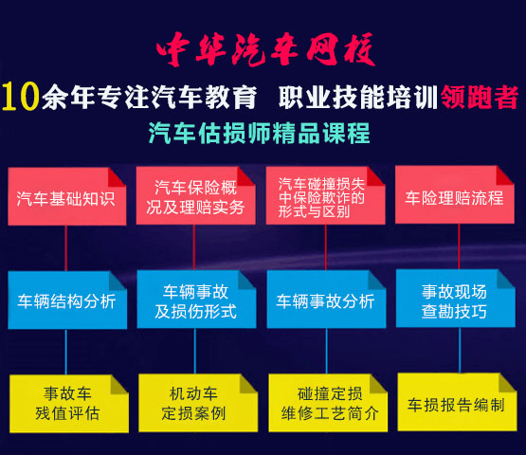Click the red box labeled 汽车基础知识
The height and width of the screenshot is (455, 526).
[x=66, y=196]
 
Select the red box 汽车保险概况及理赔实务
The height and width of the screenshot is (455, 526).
[x=195, y=195]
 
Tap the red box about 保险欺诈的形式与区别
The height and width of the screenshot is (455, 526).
[x=325, y=195]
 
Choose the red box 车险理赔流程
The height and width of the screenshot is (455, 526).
[x=455, y=194]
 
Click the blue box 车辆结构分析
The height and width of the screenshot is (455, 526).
[x=67, y=300]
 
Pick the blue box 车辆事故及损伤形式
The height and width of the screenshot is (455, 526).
[x=196, y=300]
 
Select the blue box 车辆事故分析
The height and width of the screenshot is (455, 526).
[x=326, y=300]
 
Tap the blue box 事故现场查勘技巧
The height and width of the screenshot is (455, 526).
[x=456, y=299]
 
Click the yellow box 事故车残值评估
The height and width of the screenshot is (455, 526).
[x=69, y=404]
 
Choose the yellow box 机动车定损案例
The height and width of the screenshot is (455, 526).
[x=198, y=403]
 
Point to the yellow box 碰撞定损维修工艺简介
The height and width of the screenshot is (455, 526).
[x=328, y=403]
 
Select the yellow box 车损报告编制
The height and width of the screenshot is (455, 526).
[x=457, y=402]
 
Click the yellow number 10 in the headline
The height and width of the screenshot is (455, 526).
[x=21, y=97]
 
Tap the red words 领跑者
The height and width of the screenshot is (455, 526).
[x=480, y=97]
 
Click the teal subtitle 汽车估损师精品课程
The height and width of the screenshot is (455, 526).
[x=260, y=134]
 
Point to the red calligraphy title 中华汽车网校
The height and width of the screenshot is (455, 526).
[x=265, y=49]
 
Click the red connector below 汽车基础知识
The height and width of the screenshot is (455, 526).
[x=65, y=248]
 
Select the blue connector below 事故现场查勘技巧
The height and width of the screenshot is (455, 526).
[x=460, y=351]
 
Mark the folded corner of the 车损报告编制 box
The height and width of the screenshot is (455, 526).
[x=507, y=383]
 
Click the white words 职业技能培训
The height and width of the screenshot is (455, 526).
[x=358, y=97]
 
